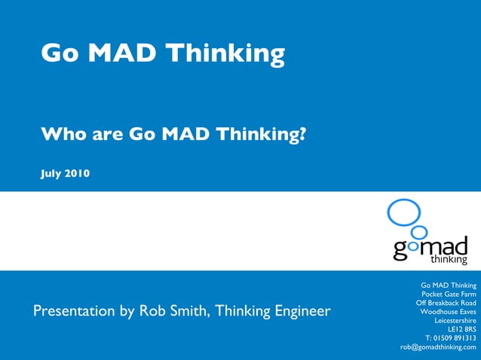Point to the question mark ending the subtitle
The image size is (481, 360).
click(x=302, y=135)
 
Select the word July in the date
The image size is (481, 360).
click(x=51, y=174)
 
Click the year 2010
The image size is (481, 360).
click(x=78, y=174)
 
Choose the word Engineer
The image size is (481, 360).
click(x=301, y=311)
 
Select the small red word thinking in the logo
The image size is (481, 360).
click(x=449, y=261)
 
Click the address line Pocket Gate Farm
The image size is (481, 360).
click(x=449, y=294)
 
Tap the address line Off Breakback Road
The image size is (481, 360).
click(x=446, y=303)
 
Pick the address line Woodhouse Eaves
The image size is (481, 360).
click(x=448, y=312)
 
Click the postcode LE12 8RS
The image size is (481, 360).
click(x=461, y=329)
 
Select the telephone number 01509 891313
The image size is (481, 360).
click(x=455, y=338)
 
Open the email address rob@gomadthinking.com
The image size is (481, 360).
click(x=438, y=347)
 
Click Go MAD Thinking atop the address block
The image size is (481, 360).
click(x=448, y=285)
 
